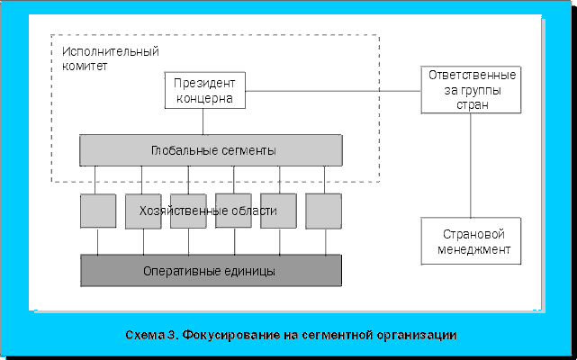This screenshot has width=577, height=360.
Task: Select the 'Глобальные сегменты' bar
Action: pyautogui.click(x=211, y=149)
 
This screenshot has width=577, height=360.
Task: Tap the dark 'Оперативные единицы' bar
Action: pyautogui.click(x=211, y=270)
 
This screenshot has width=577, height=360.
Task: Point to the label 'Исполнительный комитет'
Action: pyautogui.click(x=104, y=58)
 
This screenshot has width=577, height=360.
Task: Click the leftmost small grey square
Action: pyautogui.click(x=97, y=211)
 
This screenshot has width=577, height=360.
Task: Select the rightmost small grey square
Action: pyautogui.click(x=323, y=211)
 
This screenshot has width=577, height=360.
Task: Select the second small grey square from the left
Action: pyautogui.click(x=142, y=211)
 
